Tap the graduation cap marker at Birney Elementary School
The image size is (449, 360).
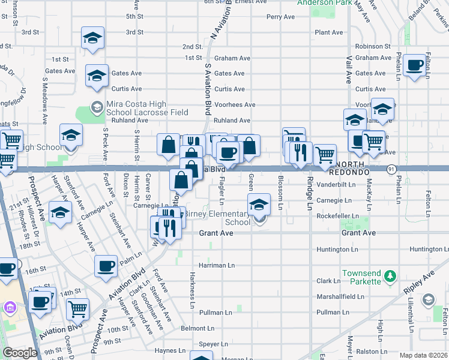[259, 205]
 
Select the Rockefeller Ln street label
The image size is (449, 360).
[338, 216]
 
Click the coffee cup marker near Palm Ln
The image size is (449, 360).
[106, 266]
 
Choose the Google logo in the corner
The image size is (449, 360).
[20, 353]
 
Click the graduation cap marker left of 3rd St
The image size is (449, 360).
[92, 38]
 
